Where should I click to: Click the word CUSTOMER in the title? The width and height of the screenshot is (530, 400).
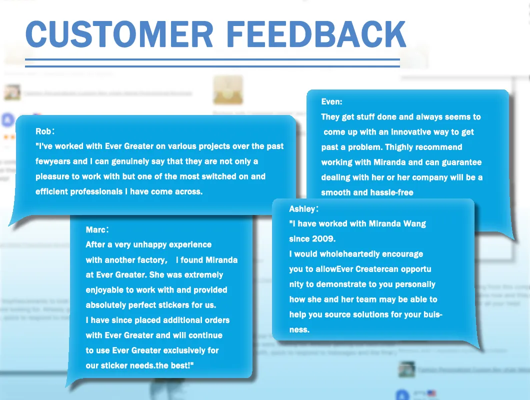coord(119,35)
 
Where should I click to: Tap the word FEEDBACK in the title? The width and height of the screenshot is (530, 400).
coord(316,35)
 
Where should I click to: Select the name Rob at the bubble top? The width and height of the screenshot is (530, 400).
coord(43,131)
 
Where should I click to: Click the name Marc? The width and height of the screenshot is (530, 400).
coord(95,230)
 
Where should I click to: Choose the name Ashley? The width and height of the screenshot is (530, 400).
coord(301,209)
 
